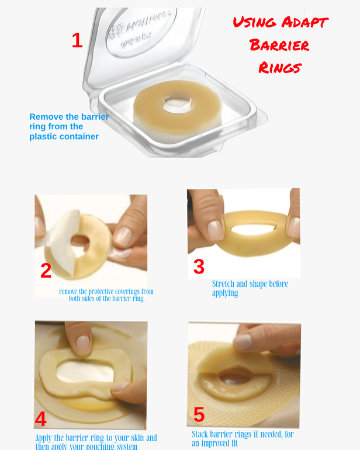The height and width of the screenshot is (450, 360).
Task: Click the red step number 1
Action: click(77, 40)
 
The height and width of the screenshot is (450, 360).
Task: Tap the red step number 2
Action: click(46, 271)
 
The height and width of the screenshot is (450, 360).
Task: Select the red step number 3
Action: click(199, 266)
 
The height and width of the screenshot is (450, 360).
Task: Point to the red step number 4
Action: click(41, 419)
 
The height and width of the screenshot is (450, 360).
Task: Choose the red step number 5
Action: click(199, 414)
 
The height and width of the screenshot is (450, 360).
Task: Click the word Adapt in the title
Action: click(305, 22)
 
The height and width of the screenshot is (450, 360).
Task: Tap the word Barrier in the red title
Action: click(279, 45)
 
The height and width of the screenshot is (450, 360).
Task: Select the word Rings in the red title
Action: click(280, 68)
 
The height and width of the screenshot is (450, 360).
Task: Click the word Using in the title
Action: click(254, 22)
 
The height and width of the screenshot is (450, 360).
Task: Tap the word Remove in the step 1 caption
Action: click(47, 117)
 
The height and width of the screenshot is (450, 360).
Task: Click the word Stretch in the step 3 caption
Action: click(223, 284)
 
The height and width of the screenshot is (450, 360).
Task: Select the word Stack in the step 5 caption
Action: click(200, 434)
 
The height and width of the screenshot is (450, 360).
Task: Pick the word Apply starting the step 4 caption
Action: click(43, 438)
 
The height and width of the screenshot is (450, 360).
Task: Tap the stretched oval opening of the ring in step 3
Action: click(253, 230)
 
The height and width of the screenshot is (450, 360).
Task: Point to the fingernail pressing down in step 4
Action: click(83, 345)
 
